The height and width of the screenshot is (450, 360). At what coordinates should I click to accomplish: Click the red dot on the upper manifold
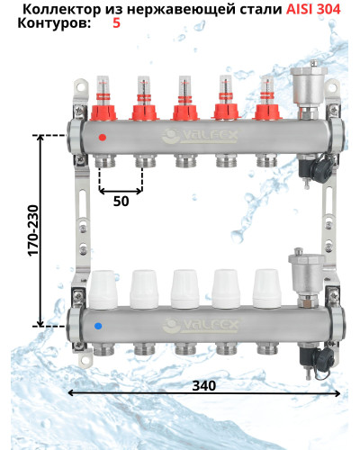coord(103,138)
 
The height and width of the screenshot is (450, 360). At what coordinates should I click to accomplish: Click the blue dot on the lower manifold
coord(98,326)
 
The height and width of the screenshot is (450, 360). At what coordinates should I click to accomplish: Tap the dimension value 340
coord(204,386)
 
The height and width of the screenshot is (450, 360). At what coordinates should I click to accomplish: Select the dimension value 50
coord(121,202)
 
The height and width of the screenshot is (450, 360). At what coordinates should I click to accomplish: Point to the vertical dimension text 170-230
coord(33,230)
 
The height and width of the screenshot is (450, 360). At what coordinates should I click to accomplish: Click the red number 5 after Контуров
coord(116,22)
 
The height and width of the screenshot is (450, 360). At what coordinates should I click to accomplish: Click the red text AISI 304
coord(313,10)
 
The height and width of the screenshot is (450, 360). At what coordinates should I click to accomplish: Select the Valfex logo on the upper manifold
coord(200,136)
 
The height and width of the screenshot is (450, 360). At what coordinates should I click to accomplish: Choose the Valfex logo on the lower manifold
coord(201,326)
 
